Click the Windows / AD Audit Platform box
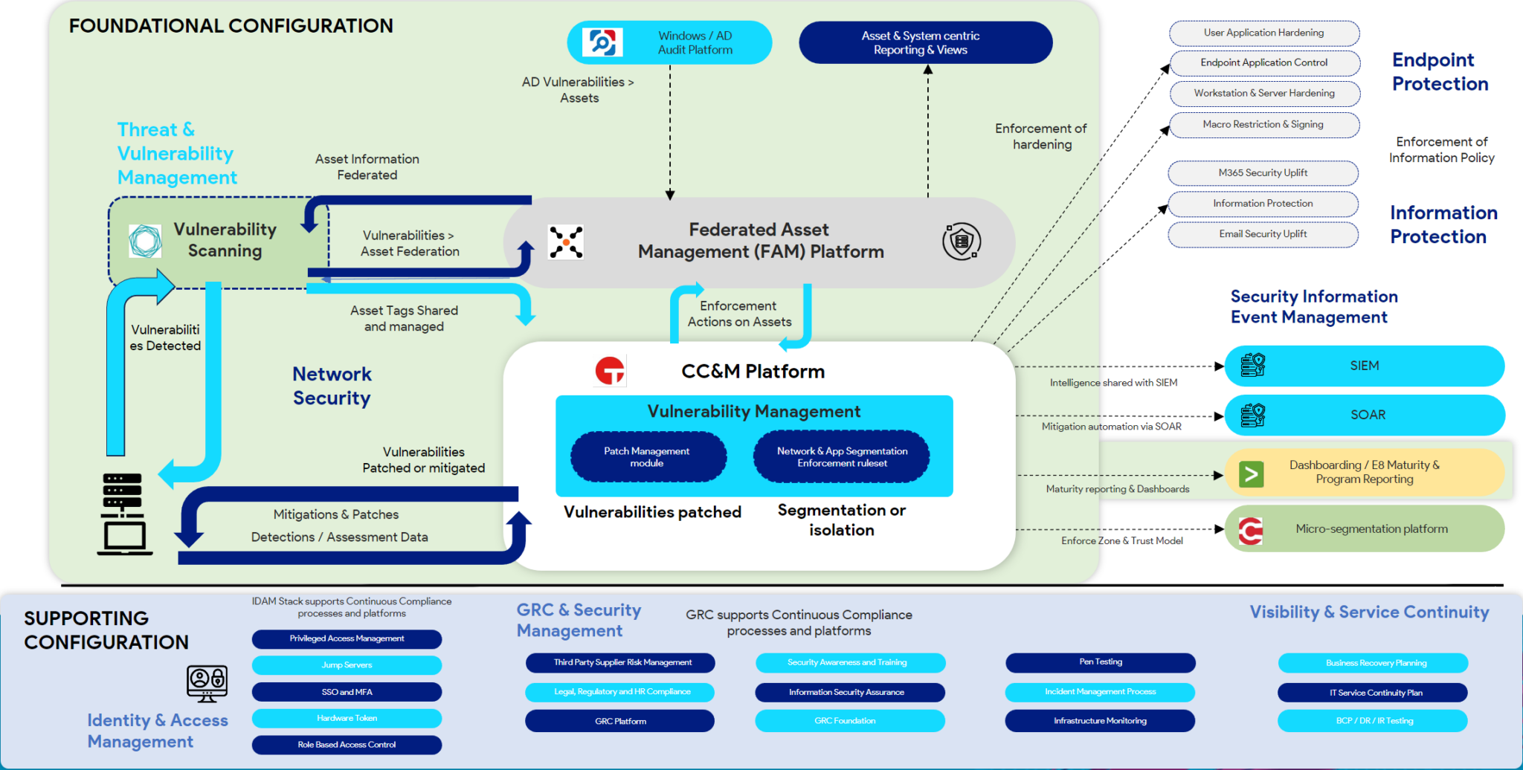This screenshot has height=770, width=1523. point(669,42)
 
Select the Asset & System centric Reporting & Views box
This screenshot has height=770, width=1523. point(925,42)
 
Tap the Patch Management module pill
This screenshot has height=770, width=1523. point(648,456)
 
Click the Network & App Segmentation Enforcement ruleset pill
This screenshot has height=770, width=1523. point(841,456)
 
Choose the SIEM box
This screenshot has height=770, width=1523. point(1364,366)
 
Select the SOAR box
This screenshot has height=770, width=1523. point(1364,415)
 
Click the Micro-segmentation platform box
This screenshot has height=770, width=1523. point(1364,528)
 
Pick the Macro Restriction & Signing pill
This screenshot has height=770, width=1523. point(1263,124)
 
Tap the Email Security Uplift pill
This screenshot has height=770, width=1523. point(1263,234)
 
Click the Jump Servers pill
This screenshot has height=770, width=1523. point(347,665)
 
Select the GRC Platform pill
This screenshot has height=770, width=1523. point(619,721)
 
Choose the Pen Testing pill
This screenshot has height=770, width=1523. point(1100,661)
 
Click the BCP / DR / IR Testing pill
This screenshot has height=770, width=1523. point(1373,721)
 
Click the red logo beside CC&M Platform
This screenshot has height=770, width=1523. point(610,371)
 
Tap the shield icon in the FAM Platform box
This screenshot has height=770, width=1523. point(961,242)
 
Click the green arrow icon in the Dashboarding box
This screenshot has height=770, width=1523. point(1251,473)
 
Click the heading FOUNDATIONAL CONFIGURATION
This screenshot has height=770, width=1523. point(231,26)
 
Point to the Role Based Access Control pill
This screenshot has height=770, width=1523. point(347,745)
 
